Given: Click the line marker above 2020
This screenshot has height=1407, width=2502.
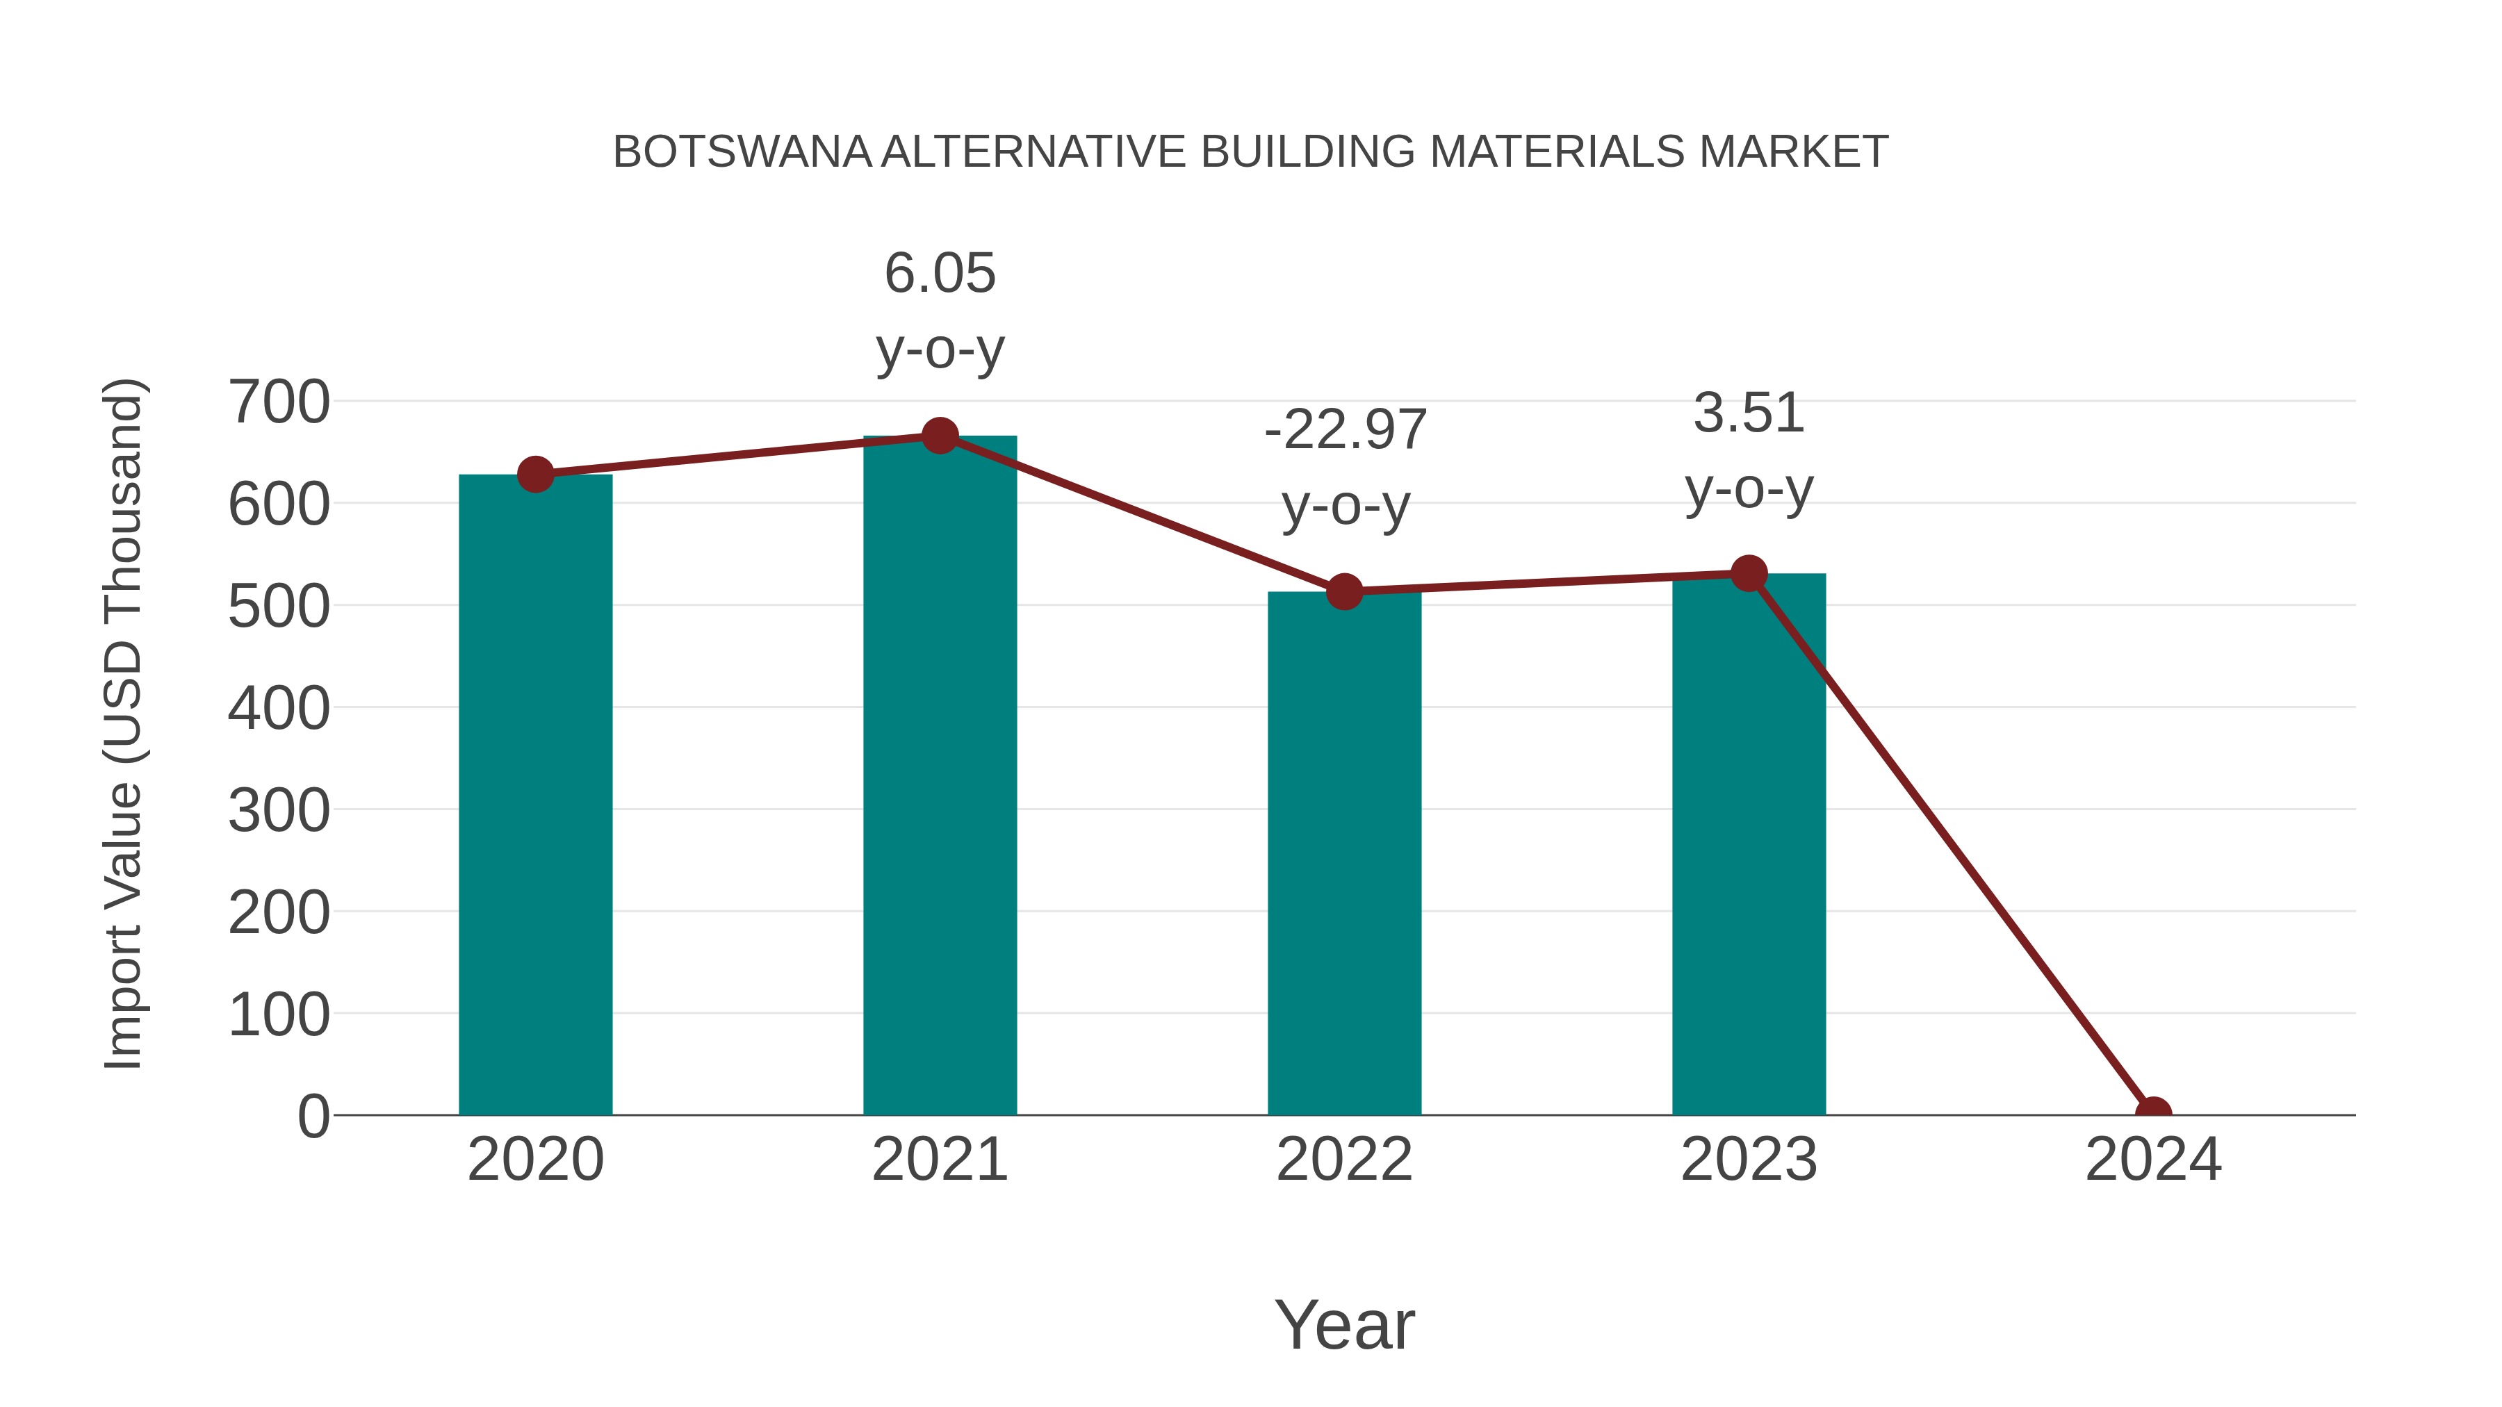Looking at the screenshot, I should click(x=535, y=475).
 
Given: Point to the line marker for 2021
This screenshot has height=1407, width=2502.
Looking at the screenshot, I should click(x=939, y=436).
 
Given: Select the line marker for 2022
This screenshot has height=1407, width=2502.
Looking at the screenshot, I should click(x=1344, y=591).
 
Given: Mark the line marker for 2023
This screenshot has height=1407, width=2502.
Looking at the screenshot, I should click(x=1749, y=574).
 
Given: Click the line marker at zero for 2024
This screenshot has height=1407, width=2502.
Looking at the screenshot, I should click(x=2153, y=1113).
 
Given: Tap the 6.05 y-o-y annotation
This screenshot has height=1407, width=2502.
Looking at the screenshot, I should click(x=939, y=310).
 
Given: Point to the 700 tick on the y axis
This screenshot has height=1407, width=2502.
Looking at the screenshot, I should click(x=279, y=402).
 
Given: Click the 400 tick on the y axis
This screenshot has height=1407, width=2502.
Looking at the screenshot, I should click(x=279, y=708).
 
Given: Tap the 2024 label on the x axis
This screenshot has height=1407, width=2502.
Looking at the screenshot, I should click(x=2153, y=1160).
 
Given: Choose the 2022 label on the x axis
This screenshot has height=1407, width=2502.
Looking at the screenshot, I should click(x=1344, y=1160).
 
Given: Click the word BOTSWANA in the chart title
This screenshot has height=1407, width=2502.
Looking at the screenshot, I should click(x=742, y=152).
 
